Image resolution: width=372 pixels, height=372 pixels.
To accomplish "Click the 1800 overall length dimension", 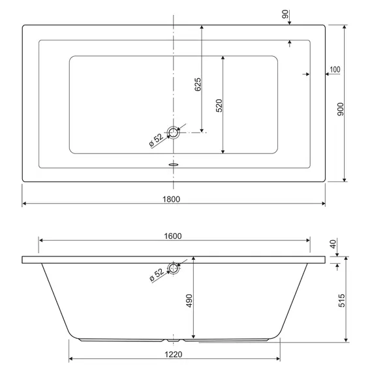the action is [x=171, y=199].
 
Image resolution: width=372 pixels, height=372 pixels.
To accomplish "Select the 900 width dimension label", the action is [x=341, y=110].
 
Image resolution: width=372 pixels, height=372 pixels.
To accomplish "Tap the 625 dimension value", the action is [x=198, y=84].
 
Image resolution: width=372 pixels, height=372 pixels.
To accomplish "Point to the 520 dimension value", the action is [x=219, y=106].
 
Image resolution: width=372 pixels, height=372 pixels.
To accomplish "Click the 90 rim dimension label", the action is [x=285, y=14].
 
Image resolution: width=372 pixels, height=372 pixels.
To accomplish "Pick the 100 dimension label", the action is [x=335, y=70].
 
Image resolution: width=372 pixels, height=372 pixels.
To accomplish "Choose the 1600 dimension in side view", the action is [x=173, y=236].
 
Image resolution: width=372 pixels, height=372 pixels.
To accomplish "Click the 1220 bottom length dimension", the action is [x=174, y=354].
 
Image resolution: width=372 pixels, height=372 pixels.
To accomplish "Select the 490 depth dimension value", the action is [x=189, y=301].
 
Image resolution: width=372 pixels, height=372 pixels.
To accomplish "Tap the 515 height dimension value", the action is [x=341, y=301].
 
